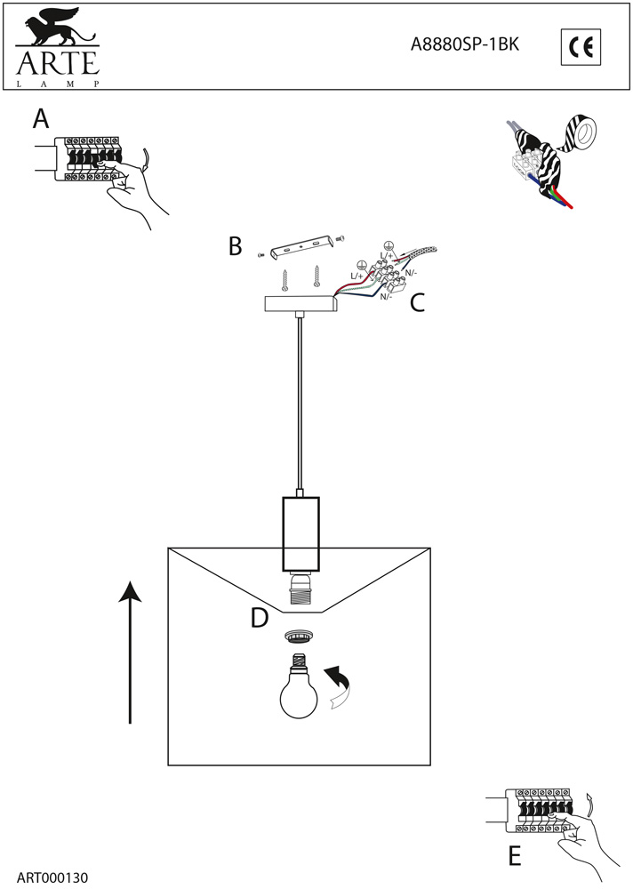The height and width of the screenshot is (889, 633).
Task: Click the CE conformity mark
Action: pyautogui.click(x=581, y=47)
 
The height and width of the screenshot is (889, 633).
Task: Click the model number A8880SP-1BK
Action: pyautogui.click(x=463, y=46)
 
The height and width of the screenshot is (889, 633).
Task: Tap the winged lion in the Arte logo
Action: pyautogui.click(x=55, y=27)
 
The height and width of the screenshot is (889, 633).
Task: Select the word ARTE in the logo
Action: pyautogui.click(x=55, y=64)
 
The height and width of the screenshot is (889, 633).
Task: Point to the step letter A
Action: pyautogui.click(x=41, y=119)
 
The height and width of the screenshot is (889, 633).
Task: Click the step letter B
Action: pyautogui.click(x=236, y=245)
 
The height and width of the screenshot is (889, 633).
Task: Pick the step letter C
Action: pyautogui.click(x=416, y=303)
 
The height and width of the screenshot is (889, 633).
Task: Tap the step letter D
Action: pyautogui.click(x=260, y=617)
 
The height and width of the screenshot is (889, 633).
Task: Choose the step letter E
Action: pyautogui.click(x=515, y=856)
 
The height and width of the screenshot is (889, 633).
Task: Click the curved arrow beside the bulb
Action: pyautogui.click(x=341, y=689)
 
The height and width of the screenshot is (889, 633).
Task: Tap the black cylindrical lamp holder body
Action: pyautogui.click(x=300, y=533)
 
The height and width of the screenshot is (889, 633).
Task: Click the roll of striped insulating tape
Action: pyautogui.click(x=583, y=134)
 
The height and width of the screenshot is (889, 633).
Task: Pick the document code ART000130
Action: pyautogui.click(x=52, y=876)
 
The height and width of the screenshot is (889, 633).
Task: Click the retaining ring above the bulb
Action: pyautogui.click(x=299, y=637)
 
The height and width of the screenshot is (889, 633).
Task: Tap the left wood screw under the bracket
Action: pyautogui.click(x=284, y=279)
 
